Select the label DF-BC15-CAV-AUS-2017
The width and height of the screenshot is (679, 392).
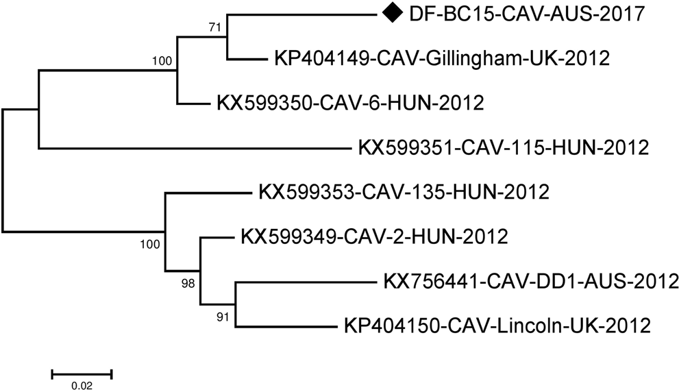(526, 13)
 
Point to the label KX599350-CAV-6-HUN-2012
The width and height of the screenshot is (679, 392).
(350, 103)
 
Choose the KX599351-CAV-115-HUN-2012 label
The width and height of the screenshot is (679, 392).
(503, 147)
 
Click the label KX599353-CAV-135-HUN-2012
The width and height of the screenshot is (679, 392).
(404, 192)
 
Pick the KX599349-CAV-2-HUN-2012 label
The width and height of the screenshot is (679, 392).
(374, 237)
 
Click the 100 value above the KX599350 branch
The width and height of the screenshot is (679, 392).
(162, 62)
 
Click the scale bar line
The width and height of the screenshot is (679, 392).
(82, 373)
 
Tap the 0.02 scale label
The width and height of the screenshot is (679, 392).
(82, 386)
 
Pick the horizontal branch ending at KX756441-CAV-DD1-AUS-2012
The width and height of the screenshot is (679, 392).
(306, 282)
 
